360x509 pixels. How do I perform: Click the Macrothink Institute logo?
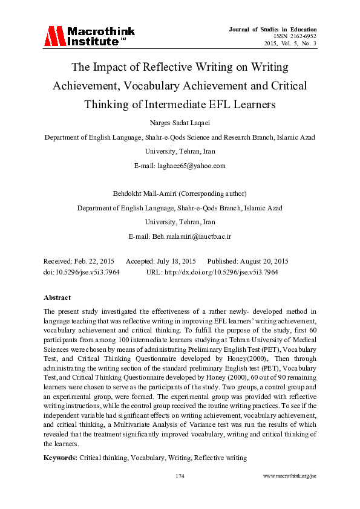coord(89,36)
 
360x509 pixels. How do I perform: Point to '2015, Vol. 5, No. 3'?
coord(290,44)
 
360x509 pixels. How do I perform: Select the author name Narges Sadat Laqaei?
coord(180,123)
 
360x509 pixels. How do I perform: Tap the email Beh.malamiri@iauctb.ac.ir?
coord(180,235)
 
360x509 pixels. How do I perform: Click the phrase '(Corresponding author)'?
coord(210,194)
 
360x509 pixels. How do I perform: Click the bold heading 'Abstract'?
coord(57,297)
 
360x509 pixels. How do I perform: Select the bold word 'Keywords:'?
coord(61,458)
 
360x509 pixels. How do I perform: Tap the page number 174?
coord(180,476)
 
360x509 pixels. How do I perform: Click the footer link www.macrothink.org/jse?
coord(290,476)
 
